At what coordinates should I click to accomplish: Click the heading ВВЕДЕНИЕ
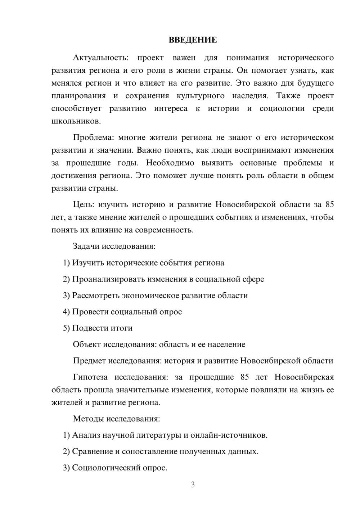(193, 40)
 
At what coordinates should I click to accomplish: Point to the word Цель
(83, 205)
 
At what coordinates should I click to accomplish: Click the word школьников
(76, 121)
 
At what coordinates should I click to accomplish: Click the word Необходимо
(170, 163)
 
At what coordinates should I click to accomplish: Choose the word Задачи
(86, 247)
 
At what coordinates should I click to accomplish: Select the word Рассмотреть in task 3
(96, 296)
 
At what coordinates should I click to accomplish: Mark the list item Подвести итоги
(102, 328)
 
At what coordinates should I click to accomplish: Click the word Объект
(87, 344)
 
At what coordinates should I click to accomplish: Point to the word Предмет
(89, 361)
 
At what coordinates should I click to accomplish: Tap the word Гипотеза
(90, 377)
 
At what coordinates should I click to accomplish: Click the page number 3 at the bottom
(193, 485)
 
